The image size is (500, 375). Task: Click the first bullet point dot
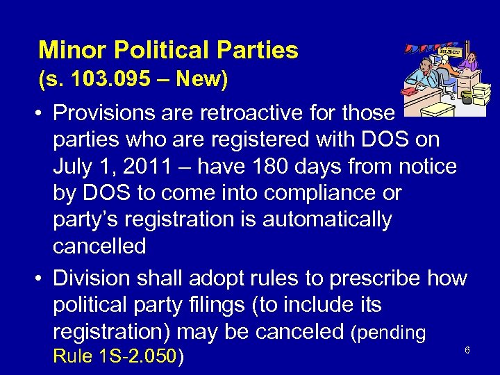point(42,113)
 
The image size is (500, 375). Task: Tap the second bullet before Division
point(42,278)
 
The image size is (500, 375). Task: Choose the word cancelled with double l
point(99,247)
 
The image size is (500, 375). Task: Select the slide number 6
point(467,350)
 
